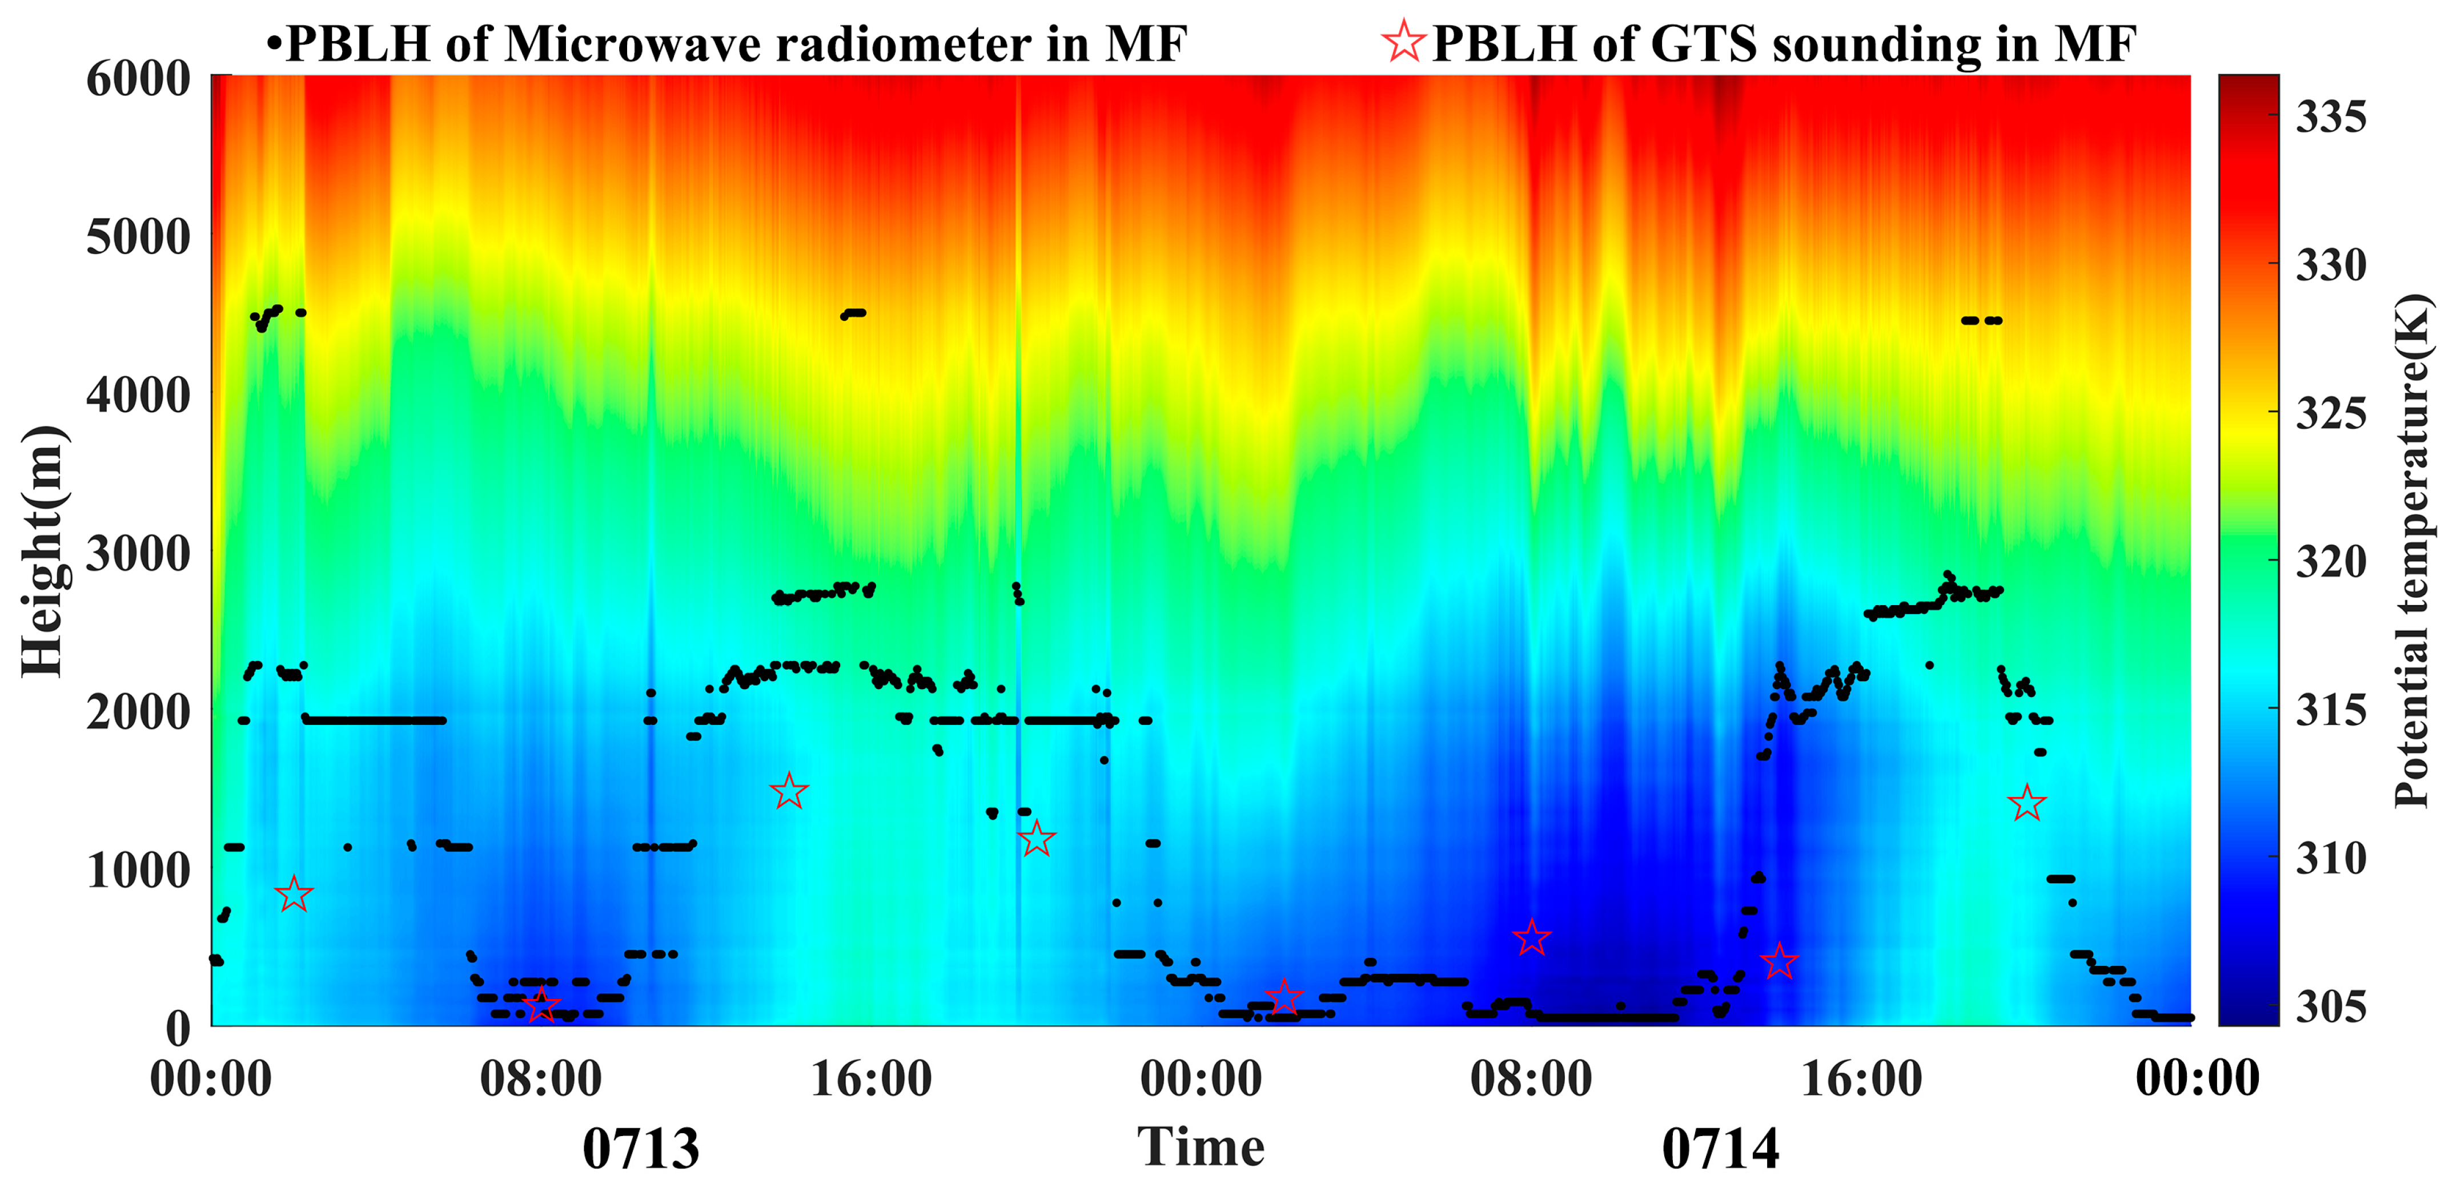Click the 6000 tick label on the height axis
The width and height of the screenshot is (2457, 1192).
pos(138,79)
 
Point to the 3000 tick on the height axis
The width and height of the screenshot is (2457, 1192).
pos(138,553)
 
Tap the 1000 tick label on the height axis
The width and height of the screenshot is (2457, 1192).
pos(138,869)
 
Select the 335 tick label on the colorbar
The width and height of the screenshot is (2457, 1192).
pos(2330,117)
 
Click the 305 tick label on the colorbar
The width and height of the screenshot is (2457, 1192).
pos(2330,1007)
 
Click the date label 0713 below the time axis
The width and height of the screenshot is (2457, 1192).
pos(641,1149)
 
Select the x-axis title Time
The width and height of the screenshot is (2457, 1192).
pos(1201,1146)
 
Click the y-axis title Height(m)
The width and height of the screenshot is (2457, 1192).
pos(43,551)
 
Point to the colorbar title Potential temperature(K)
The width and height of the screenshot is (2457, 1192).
pos(2413,551)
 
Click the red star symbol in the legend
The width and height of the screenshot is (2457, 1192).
pos(1403,42)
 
